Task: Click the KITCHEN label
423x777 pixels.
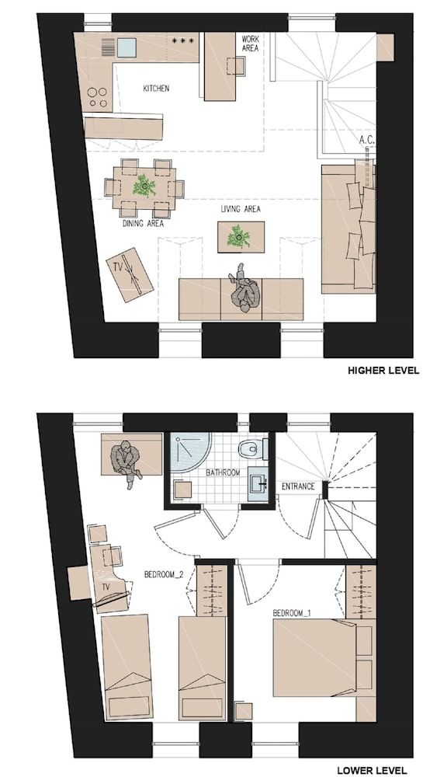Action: [x=156, y=89]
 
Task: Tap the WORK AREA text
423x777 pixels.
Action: [x=250, y=43]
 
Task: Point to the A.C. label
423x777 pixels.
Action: [x=367, y=141]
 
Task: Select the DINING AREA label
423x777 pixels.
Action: [x=143, y=224]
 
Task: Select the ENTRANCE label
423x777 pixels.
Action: [x=298, y=487]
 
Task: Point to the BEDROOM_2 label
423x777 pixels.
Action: [x=164, y=575]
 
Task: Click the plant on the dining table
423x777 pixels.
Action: [x=143, y=186]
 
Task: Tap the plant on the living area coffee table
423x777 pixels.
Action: [x=238, y=236]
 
